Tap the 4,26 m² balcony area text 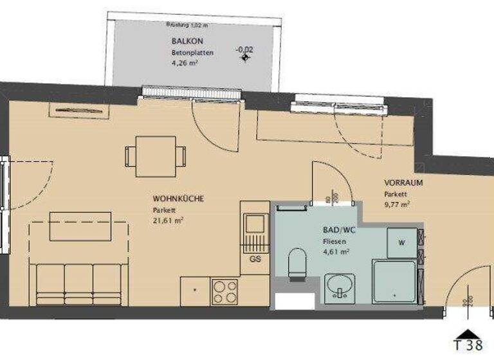(x=184, y=63)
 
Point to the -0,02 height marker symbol (x=244, y=58)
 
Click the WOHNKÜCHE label (x=178, y=199)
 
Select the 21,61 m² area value (x=169, y=221)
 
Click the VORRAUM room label (x=403, y=183)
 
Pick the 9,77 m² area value (x=398, y=204)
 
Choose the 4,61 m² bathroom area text (x=336, y=252)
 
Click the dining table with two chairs (x=155, y=156)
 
